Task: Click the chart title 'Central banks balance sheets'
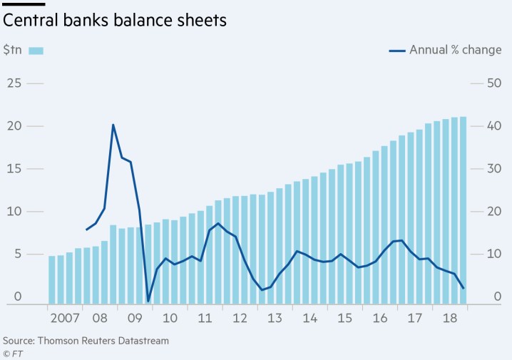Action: tap(115, 21)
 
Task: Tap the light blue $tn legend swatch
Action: tap(36, 51)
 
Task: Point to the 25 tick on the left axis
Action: tap(13, 83)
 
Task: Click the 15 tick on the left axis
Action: tap(13, 169)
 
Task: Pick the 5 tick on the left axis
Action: tap(16, 254)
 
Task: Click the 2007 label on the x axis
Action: tap(64, 317)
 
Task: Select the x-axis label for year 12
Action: tap(240, 317)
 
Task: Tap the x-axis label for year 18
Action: tap(449, 317)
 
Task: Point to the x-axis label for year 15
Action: tap(344, 317)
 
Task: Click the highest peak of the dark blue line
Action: tap(113, 125)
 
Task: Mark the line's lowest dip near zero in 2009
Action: tap(148, 301)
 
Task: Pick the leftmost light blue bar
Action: tap(52, 279)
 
